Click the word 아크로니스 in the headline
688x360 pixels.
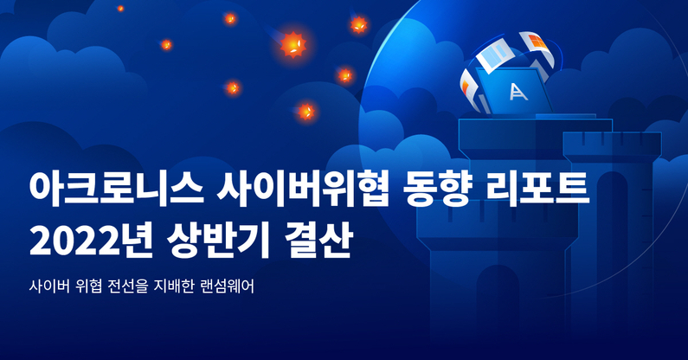click(x=116, y=190)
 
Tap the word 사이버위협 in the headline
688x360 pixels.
click(x=303, y=190)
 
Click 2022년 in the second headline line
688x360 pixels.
click(x=91, y=241)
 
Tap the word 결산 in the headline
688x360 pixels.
click(x=318, y=241)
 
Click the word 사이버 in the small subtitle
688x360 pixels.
click(x=49, y=286)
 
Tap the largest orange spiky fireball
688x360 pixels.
click(x=293, y=44)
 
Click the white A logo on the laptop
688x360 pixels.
click(x=518, y=92)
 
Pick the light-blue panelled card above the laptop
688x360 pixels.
click(x=497, y=55)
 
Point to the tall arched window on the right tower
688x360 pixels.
click(x=612, y=206)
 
